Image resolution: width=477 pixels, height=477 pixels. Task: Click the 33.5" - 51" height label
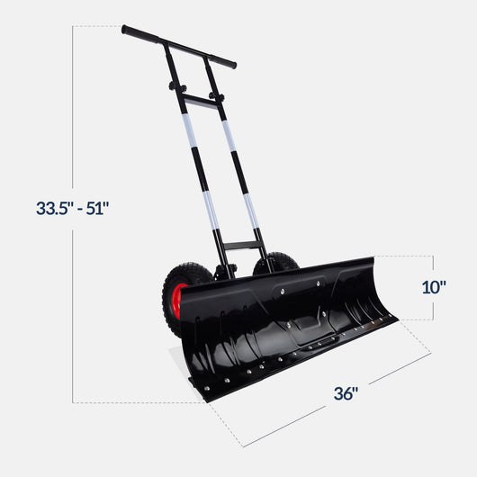click(72, 208)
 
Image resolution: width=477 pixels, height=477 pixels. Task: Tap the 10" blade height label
click(434, 288)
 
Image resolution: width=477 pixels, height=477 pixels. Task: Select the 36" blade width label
click(346, 393)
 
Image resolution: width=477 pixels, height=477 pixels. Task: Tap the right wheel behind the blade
click(275, 264)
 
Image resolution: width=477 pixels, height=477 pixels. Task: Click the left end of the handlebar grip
click(127, 31)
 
